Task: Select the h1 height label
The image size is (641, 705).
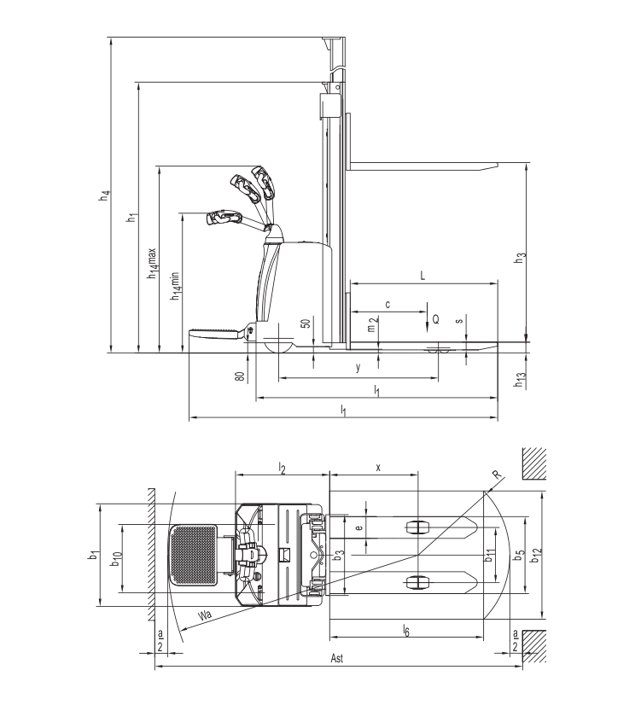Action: [x=131, y=217]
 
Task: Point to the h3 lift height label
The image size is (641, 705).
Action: [x=519, y=257]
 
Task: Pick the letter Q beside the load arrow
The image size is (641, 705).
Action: [x=436, y=319]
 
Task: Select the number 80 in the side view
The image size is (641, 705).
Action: [x=242, y=374]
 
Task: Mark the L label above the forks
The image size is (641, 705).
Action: [x=422, y=275]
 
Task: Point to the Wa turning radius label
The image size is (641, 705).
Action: [x=204, y=615]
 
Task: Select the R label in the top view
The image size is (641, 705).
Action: [x=495, y=476]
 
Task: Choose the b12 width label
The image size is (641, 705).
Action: [x=535, y=555]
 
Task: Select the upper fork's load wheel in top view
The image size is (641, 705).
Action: [x=417, y=527]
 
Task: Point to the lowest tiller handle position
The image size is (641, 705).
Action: [x=223, y=218]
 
